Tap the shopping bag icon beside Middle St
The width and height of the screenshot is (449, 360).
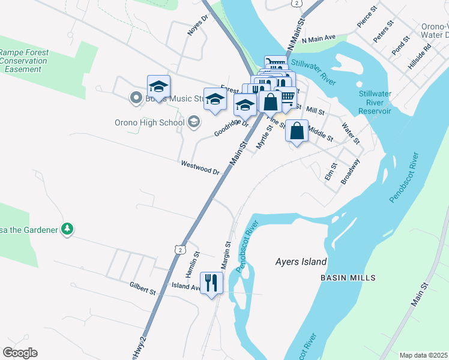(297, 131)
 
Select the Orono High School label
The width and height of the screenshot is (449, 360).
(149, 123)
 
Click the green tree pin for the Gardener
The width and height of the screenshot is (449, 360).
(68, 229)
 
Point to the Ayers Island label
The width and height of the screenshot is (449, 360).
(301, 262)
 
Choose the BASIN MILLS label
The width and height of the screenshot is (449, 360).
(348, 278)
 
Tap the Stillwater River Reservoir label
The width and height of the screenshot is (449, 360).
(375, 103)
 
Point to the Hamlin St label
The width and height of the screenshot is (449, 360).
(191, 265)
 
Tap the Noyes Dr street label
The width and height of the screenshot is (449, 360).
(197, 25)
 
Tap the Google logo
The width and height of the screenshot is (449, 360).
(20, 353)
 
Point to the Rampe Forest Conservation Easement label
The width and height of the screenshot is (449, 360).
(25, 61)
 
